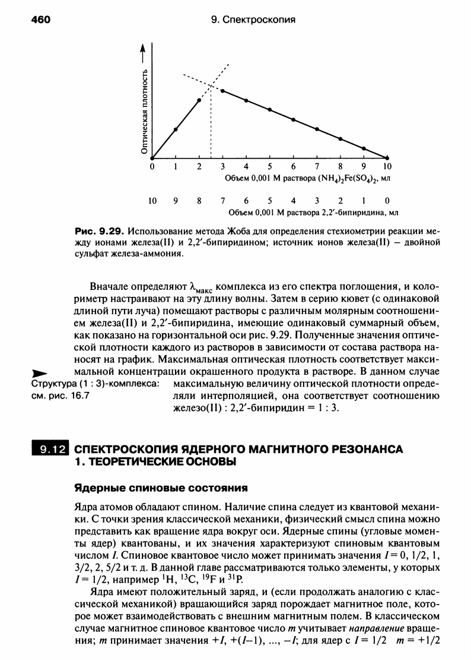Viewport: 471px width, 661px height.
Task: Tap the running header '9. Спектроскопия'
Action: [x=253, y=20]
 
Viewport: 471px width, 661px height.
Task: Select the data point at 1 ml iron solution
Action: [x=176, y=129]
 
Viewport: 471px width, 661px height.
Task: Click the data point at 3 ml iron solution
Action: [x=222, y=91]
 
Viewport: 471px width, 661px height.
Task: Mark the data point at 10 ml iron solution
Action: [x=387, y=158]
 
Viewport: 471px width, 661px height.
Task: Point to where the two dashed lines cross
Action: [x=211, y=86]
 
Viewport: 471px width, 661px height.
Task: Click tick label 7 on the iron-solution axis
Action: [x=317, y=167]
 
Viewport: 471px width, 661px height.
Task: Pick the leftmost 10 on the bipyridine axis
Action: [x=152, y=201]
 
